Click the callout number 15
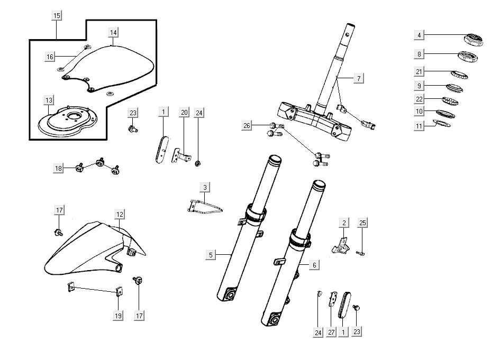click(56, 16)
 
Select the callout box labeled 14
click(113, 33)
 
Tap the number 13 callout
click(49, 100)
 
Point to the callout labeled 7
click(358, 78)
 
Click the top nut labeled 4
click(472, 39)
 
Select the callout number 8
click(419, 53)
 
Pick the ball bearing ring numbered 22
click(450, 101)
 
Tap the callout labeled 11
click(419, 126)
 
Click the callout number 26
click(247, 125)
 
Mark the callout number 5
click(211, 255)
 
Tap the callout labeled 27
click(331, 333)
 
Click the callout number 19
click(117, 316)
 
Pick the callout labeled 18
click(58, 168)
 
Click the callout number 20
click(184, 112)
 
